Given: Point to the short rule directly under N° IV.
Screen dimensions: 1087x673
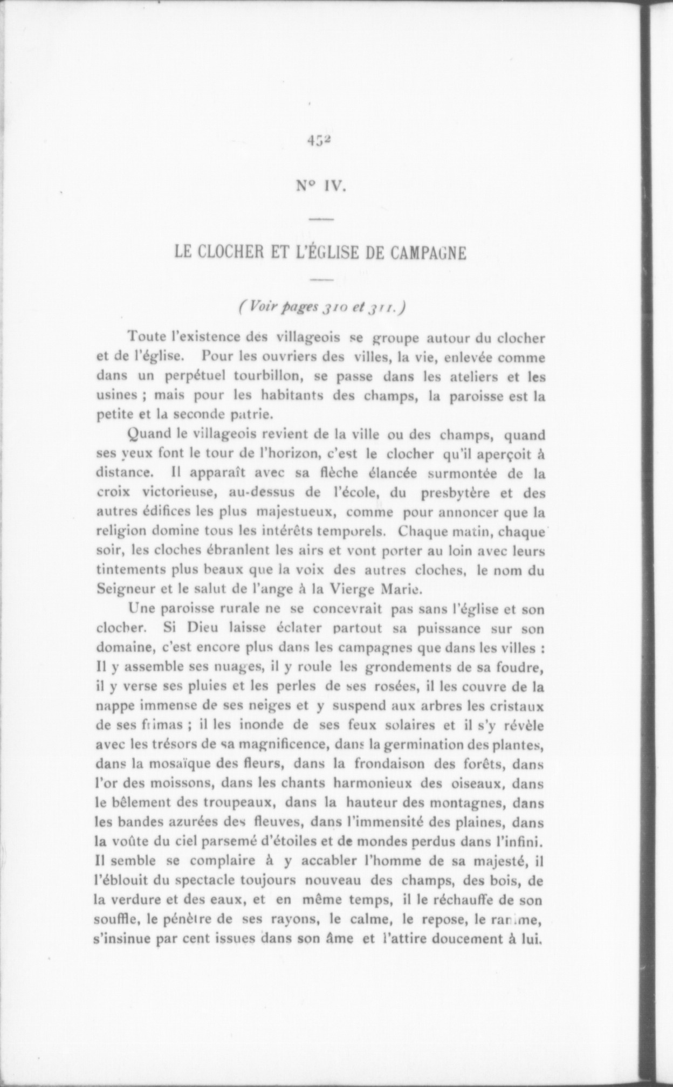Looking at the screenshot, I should tap(322, 219).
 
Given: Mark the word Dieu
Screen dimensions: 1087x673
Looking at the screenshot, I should tap(204, 629).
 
